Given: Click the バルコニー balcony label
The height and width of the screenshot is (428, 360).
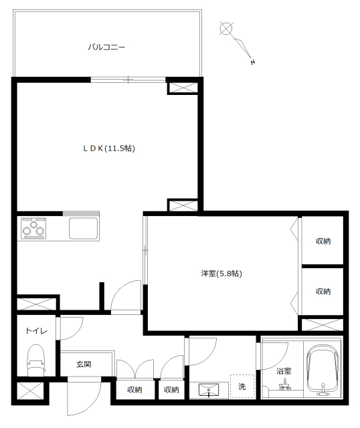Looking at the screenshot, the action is (x=106, y=47).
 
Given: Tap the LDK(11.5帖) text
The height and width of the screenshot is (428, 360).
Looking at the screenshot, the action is (x=109, y=148).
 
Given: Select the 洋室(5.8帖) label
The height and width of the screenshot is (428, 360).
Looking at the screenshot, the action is (x=221, y=274).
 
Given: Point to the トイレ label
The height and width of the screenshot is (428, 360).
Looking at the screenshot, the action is (x=36, y=331).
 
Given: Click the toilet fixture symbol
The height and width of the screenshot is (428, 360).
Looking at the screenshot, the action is (x=36, y=359).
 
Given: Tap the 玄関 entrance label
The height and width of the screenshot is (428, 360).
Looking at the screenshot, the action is (x=84, y=364).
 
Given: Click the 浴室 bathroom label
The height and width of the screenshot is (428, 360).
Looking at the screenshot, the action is (x=284, y=370).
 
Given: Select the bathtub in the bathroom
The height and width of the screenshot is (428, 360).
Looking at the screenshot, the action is (x=323, y=370).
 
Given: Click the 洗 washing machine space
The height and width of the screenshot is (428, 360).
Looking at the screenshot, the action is (x=242, y=387).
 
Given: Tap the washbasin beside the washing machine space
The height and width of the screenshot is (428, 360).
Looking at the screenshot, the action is (x=209, y=389).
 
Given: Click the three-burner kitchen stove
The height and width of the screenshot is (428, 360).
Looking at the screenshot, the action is (x=33, y=228).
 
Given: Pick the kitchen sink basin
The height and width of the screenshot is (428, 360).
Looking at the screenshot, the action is (x=83, y=228).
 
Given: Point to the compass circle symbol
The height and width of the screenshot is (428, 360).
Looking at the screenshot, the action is (x=226, y=28).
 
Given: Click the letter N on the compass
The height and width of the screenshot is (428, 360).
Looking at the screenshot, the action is (x=253, y=62).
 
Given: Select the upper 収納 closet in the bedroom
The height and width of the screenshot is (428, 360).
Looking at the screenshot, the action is (x=323, y=241).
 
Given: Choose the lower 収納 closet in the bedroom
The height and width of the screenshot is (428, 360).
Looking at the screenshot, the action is (x=323, y=292).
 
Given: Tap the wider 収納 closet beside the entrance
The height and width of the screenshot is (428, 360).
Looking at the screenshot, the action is (x=134, y=389).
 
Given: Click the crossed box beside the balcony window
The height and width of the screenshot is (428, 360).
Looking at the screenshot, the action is (x=183, y=88).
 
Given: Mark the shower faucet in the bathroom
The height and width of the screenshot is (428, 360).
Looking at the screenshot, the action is (x=284, y=385).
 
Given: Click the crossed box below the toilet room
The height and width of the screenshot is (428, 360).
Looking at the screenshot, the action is (x=29, y=391).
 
